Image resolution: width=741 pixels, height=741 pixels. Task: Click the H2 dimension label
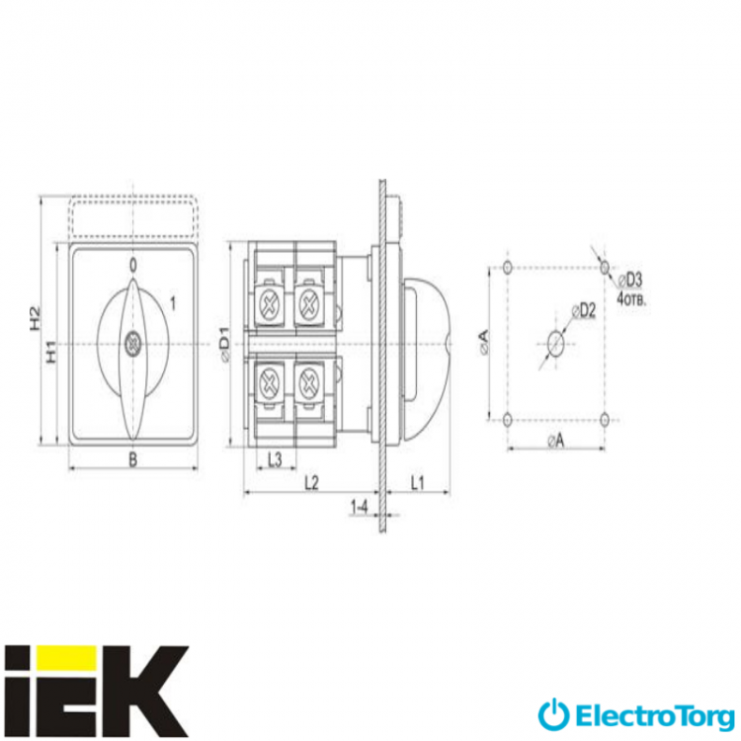tap(36, 318)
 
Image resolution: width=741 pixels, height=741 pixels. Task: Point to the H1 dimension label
tap(50, 352)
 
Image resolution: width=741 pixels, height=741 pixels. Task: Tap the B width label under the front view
tap(133, 458)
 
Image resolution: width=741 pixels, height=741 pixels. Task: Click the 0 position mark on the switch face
tap(133, 266)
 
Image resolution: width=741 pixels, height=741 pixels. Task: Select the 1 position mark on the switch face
tap(173, 303)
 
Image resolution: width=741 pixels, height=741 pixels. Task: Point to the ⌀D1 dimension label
tap(225, 344)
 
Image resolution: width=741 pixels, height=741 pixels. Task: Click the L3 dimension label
tap(275, 459)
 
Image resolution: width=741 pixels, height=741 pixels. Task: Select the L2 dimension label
tap(311, 482)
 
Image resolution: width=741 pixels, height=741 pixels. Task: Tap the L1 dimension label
tap(417, 482)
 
